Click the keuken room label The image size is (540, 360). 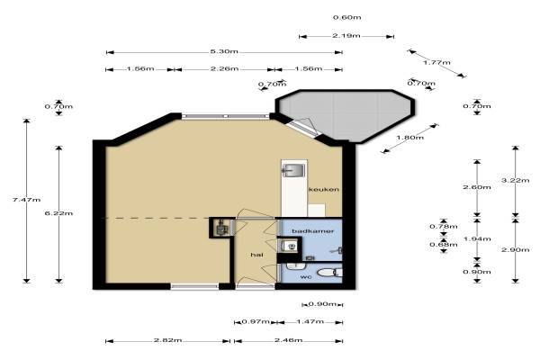tap(323, 190)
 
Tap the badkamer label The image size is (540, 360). tap(312, 230)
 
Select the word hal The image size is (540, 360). tap(256, 255)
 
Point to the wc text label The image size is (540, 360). tap(306, 276)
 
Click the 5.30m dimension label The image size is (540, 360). tap(224, 51)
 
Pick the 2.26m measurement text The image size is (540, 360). tap(224, 68)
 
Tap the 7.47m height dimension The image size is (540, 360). tap(26, 200)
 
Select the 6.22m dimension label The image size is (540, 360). tap(58, 213)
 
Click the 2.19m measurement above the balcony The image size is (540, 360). tap(346, 35)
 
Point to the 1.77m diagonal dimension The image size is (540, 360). tap(436, 62)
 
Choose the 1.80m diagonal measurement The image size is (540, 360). tap(409, 138)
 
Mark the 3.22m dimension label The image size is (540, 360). tap(515, 180)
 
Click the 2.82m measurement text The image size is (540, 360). tap(167, 340)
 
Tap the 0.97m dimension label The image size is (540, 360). tap(256, 322)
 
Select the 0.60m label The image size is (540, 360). tap(347, 17)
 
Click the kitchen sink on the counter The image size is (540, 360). tap(293, 169)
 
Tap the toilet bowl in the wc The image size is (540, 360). tap(328, 273)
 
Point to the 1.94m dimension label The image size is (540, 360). tap(477, 238)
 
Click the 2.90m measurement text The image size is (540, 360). tap(515, 249)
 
